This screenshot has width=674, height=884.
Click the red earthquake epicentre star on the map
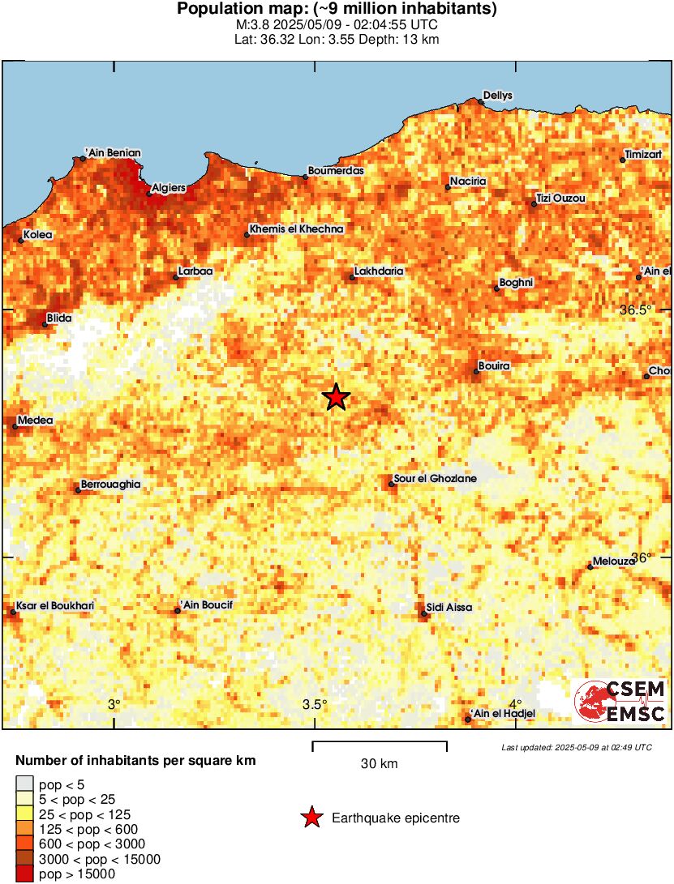tap(336, 397)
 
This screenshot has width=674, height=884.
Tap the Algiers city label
tap(170, 188)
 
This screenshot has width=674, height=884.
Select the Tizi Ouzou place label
tap(560, 199)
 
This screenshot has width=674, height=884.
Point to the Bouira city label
tap(494, 366)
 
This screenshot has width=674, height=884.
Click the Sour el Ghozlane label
tap(435, 479)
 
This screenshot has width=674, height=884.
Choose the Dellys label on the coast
tap(498, 96)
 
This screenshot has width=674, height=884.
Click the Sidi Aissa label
tap(449, 607)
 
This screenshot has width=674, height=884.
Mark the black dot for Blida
tap(45, 324)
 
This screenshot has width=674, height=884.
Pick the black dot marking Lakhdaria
tap(352, 278)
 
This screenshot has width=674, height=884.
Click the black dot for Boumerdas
tap(306, 177)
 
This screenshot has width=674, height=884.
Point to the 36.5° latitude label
tap(635, 310)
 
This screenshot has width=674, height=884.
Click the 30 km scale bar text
tap(379, 763)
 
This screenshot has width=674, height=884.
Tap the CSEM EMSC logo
tap(620, 702)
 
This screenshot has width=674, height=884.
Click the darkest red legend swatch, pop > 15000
tap(24, 873)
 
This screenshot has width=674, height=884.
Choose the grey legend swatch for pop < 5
tap(24, 784)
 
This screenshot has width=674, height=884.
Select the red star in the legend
tap(311, 818)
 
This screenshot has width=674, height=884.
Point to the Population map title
tap(337, 10)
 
